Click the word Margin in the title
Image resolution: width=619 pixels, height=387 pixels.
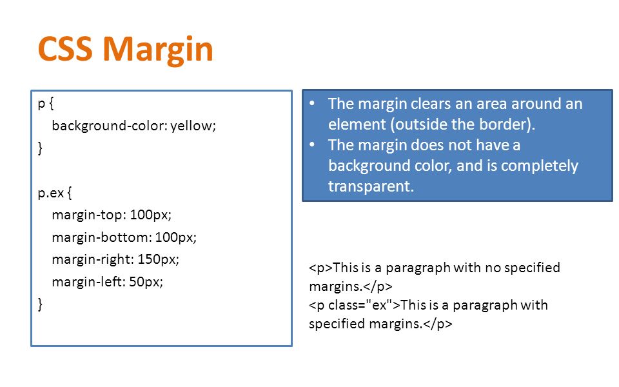(158, 50)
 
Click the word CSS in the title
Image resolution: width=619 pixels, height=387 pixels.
(65, 48)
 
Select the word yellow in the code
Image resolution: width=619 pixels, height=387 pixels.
(193, 126)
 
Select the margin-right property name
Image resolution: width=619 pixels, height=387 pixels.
(93, 260)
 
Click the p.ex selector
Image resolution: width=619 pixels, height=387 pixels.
(51, 193)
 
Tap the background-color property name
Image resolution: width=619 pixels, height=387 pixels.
(110, 126)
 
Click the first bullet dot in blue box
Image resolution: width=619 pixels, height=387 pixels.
(312, 103)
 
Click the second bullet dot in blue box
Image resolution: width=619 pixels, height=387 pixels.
(312, 144)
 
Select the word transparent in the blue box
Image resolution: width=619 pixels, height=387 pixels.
(371, 186)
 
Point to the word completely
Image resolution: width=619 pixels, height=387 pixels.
(540, 166)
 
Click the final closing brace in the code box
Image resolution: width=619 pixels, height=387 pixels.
(40, 304)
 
